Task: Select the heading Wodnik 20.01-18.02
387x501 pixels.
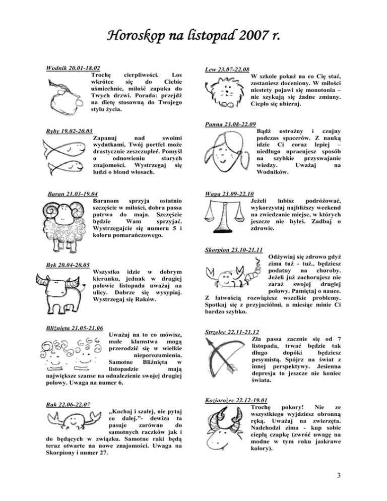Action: click(x=74, y=68)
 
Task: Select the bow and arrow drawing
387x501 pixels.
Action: click(x=225, y=356)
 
